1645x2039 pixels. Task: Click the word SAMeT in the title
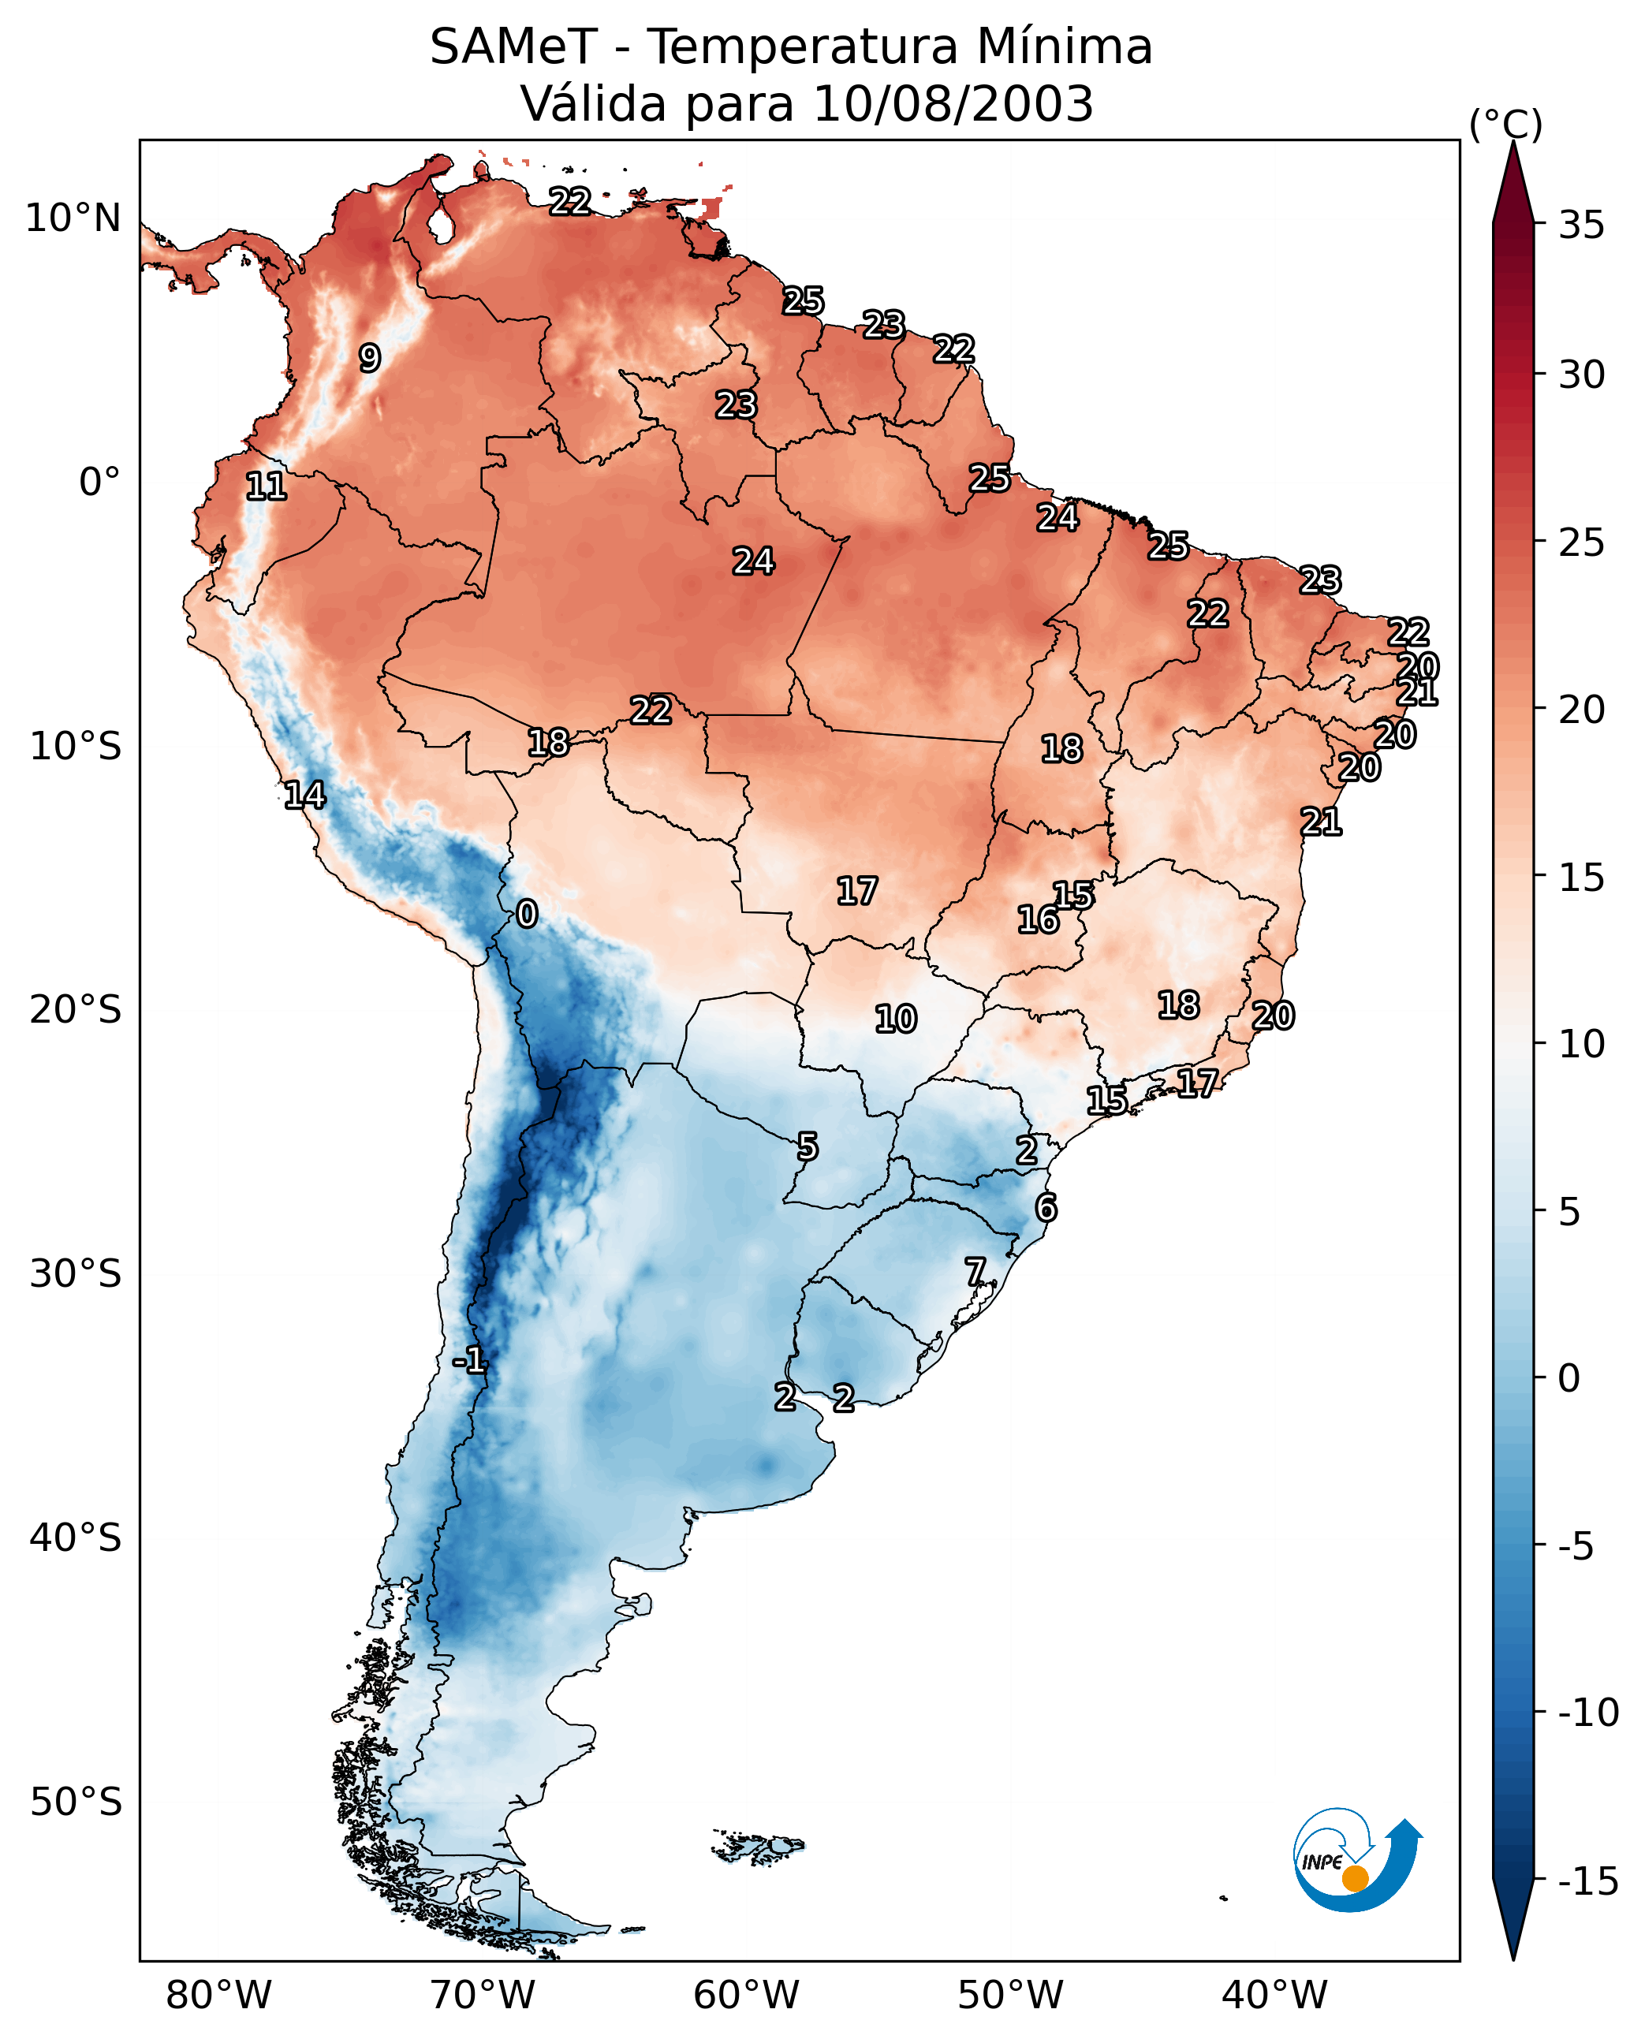tap(513, 47)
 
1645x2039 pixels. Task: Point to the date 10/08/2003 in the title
tap(953, 104)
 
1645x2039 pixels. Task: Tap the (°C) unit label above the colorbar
tap(1505, 124)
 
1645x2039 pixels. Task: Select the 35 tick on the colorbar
tap(1580, 226)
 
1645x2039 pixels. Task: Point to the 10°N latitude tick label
tap(73, 219)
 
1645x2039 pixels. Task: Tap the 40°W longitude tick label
tap(1274, 1996)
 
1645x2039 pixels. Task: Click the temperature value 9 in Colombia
tap(370, 358)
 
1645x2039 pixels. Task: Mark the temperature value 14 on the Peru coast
tap(304, 795)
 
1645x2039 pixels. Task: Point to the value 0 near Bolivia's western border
tap(527, 915)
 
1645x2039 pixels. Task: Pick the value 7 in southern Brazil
tap(975, 1272)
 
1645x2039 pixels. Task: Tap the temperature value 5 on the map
tap(807, 1147)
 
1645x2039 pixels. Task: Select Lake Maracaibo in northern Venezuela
tap(440, 226)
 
